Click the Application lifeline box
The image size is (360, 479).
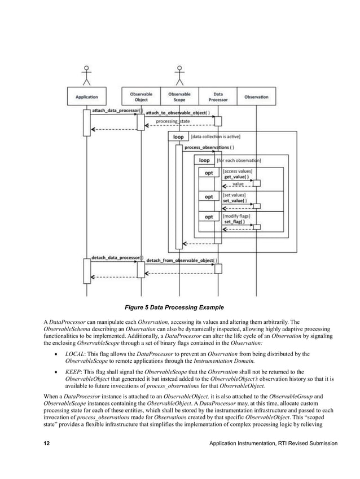click(86, 96)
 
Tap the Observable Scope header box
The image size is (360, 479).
click(179, 96)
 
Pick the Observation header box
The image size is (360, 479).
click(256, 96)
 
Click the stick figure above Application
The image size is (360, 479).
click(86, 74)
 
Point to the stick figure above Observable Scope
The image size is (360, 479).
click(179, 74)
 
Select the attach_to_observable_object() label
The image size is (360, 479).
click(178, 113)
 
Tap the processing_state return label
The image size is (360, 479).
click(173, 121)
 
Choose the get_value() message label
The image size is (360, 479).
click(236, 177)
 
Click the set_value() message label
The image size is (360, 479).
click(235, 200)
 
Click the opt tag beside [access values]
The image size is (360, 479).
click(208, 173)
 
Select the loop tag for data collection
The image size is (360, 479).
click(178, 137)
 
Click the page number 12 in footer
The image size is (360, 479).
click(48, 444)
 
